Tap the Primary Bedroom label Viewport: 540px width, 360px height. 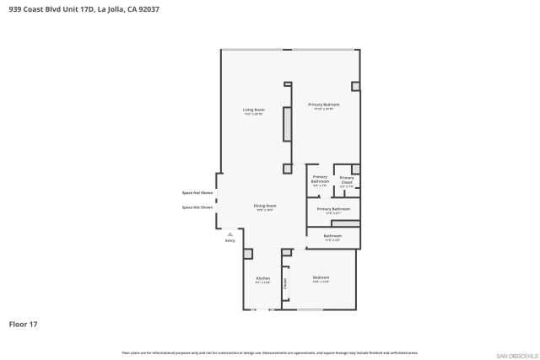(324, 106)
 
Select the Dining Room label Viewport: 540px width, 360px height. (265, 207)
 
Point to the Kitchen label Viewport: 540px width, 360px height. (262, 280)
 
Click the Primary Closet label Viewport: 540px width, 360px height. (347, 180)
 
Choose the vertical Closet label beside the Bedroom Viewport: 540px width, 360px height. (286, 285)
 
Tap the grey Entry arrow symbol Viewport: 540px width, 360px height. (229, 234)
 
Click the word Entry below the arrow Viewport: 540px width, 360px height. (229, 241)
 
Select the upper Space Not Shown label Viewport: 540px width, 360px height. (197, 193)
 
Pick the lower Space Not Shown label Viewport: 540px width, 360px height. (197, 207)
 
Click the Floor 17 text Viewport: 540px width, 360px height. (23, 324)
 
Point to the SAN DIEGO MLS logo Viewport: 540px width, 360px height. (516, 355)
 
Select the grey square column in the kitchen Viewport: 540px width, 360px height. (247, 254)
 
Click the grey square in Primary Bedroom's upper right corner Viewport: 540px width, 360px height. (355, 86)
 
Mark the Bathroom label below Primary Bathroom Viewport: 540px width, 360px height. (332, 238)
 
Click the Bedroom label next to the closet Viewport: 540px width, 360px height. (321, 279)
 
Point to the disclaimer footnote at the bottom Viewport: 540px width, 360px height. (269, 352)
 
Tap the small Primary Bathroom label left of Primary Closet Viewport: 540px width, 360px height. (320, 180)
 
